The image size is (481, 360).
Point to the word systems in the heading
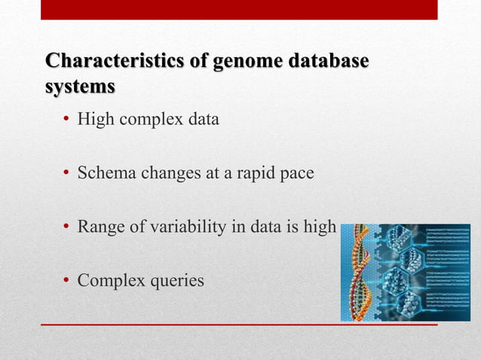(81, 87)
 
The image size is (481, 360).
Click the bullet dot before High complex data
(66, 120)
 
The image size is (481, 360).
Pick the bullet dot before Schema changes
(66, 174)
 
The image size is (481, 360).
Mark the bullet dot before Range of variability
(66, 228)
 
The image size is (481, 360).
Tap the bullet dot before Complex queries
(66, 282)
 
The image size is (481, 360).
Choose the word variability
(178, 228)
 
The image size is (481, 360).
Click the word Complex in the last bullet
(110, 282)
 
